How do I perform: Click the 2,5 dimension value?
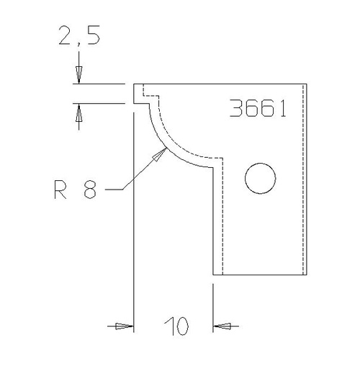tap(79, 37)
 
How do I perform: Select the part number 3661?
tap(258, 108)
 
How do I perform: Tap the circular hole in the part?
tap(260, 178)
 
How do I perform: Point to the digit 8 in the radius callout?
tap(90, 191)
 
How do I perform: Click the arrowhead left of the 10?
tap(125, 326)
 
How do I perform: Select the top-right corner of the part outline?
tap(307, 84)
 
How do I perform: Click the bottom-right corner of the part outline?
tap(307, 275)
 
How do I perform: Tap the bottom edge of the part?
tap(259, 275)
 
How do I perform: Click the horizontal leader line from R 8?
tap(114, 190)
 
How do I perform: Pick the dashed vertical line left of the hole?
tap(222, 216)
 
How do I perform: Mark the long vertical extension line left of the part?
tap(135, 216)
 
